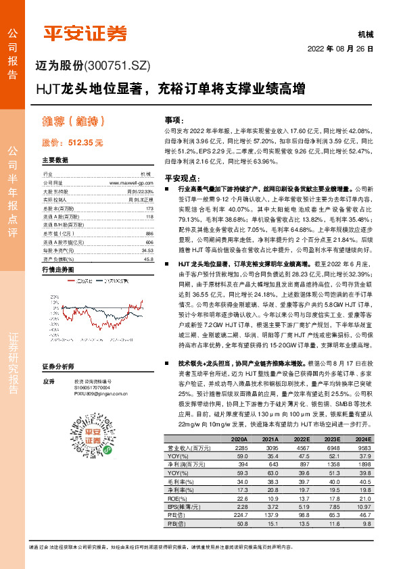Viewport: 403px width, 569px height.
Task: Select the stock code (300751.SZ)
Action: tap(116, 66)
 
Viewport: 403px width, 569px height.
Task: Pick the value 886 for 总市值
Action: tap(149, 232)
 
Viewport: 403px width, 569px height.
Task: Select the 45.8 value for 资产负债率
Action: tap(149, 259)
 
